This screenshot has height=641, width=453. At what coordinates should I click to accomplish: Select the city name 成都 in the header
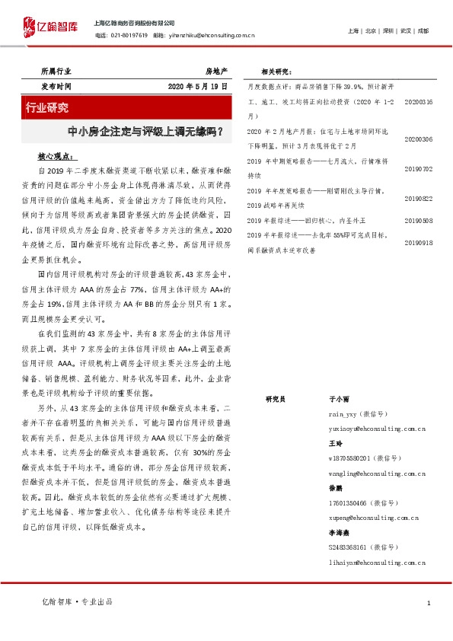(x=423, y=30)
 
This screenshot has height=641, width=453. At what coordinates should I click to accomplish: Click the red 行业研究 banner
(x=49, y=107)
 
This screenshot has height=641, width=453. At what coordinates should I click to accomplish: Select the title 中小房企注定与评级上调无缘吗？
(x=145, y=131)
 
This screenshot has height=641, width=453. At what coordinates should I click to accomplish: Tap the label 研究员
(x=275, y=398)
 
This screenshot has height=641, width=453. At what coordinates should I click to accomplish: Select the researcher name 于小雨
(x=338, y=398)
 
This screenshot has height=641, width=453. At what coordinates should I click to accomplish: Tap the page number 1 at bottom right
(x=429, y=603)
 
